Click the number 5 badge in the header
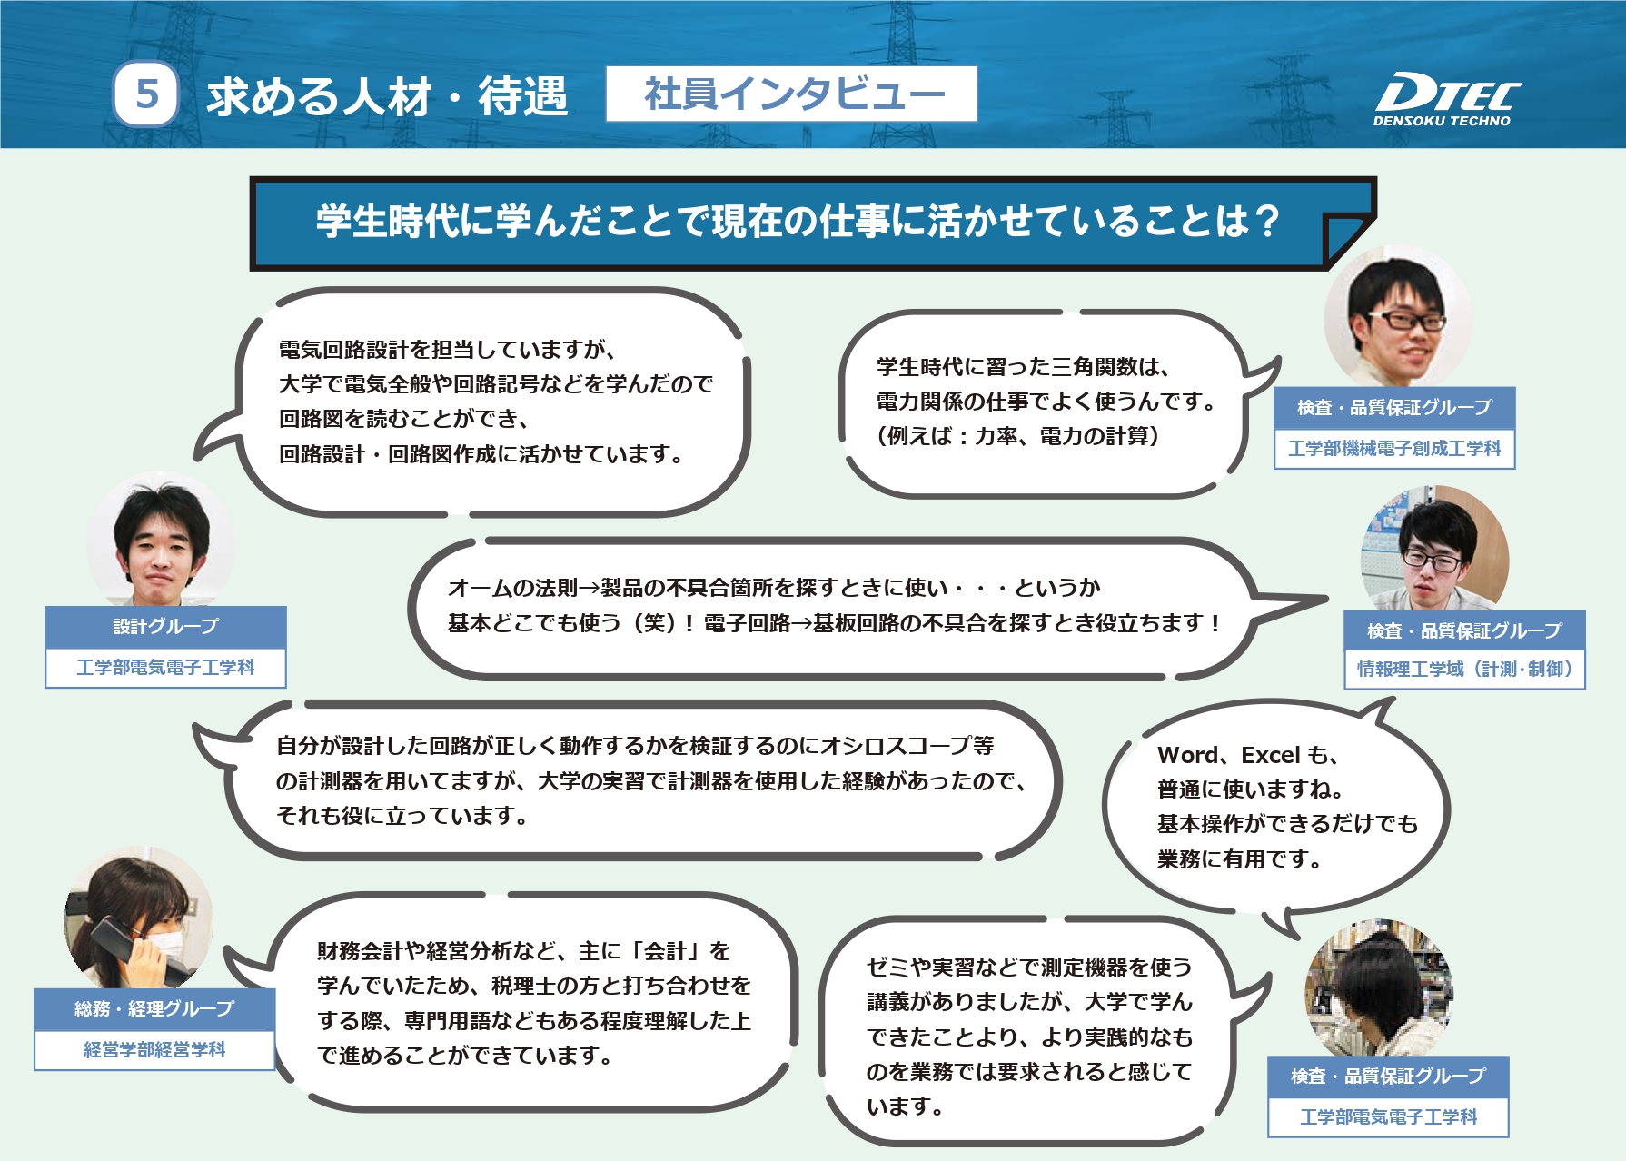[145, 94]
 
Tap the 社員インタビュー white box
[791, 94]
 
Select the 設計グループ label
[165, 627]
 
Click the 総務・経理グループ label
[154, 1008]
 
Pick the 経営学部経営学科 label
[154, 1050]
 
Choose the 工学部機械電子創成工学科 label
[1394, 449]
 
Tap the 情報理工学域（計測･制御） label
[1464, 670]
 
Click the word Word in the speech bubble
[1187, 755]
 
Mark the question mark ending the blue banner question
[1265, 221]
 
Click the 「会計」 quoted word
[666, 951]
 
